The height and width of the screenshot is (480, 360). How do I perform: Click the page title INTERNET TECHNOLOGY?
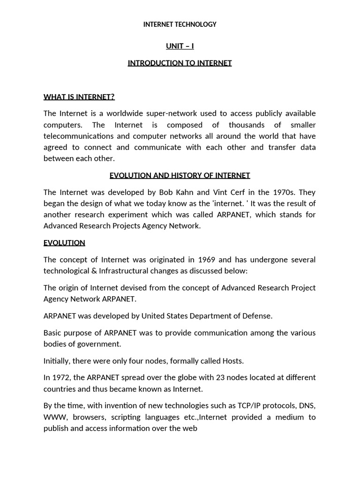click(x=180, y=24)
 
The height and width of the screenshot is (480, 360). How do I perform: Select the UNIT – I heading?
click(x=180, y=46)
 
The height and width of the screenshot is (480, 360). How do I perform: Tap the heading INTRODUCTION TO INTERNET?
click(x=180, y=63)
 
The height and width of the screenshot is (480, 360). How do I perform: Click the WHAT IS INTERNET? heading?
click(x=79, y=97)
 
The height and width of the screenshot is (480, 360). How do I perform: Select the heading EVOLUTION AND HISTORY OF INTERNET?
click(x=180, y=175)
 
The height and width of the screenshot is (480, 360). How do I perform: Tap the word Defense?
click(x=257, y=316)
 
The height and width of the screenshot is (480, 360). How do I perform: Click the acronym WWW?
click(x=54, y=417)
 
